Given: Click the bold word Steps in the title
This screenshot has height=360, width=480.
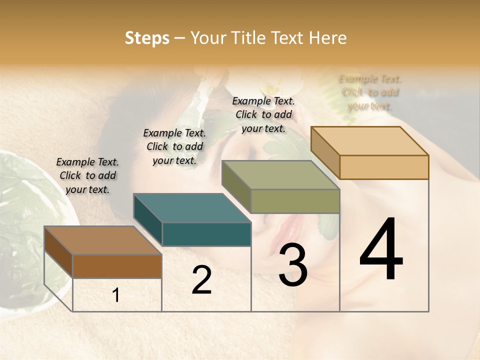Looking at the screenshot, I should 147,38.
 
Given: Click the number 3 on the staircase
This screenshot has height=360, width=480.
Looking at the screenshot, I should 292,265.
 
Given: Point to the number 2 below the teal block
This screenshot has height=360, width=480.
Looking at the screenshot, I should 201,280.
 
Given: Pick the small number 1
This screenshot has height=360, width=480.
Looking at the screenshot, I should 116,295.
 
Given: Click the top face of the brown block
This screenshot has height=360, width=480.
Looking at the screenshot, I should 103,240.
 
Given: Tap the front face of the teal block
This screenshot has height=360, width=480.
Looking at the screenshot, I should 206,234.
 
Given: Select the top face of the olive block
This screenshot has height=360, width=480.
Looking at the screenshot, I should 280,175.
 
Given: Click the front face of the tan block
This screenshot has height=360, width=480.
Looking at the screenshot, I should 384,167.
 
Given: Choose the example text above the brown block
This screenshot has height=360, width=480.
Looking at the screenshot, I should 88,175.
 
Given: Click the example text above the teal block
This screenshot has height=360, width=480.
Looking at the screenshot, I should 174,146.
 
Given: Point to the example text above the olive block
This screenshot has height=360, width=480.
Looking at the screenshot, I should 263,114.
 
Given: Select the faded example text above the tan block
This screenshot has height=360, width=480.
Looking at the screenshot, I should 370,92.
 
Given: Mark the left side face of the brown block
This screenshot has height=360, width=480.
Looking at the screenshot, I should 58,252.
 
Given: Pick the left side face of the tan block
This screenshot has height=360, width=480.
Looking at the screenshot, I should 325,152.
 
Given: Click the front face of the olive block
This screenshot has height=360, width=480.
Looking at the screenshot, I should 295,201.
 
